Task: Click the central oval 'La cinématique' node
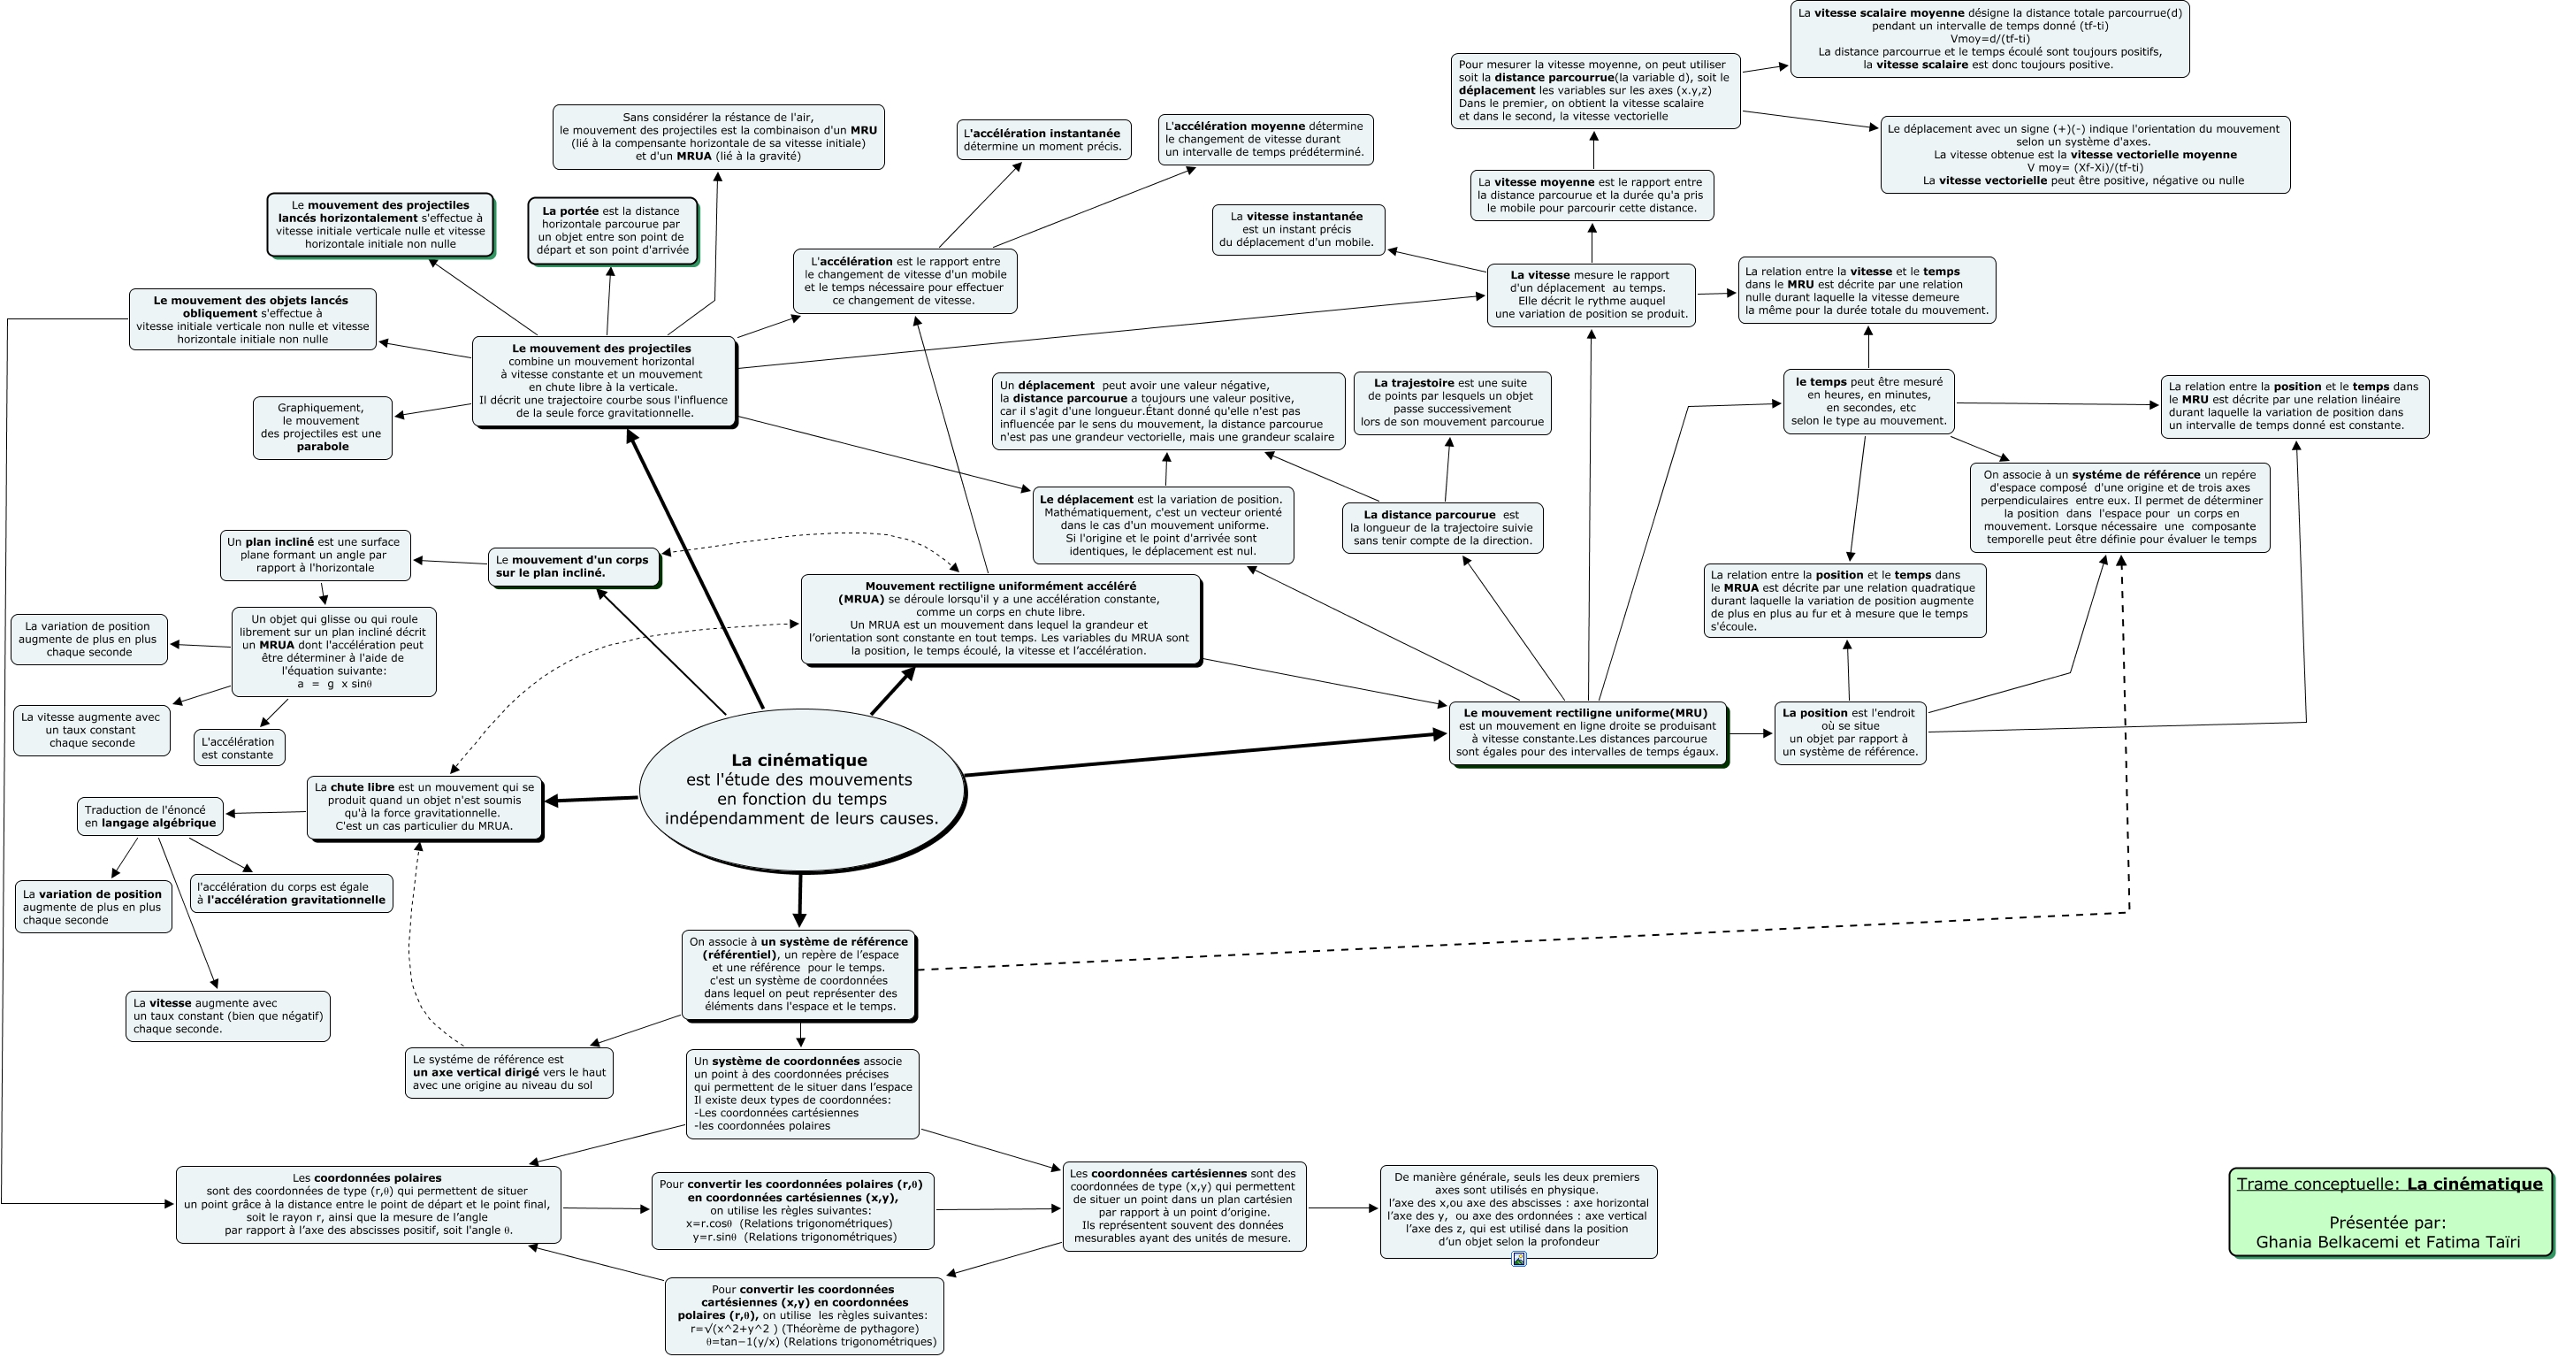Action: pos(801,789)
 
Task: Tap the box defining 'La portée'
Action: pos(612,231)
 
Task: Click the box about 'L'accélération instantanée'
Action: pos(1042,140)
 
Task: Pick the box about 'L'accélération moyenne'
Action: pos(1264,139)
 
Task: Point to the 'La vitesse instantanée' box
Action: pos(1297,229)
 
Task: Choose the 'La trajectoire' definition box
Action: pos(1452,402)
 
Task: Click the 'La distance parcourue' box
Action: pos(1442,527)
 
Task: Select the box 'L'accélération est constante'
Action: pos(239,748)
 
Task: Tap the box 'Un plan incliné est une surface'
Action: pos(314,556)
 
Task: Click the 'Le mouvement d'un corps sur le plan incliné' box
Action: pos(573,566)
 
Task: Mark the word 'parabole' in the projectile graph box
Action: pos(323,447)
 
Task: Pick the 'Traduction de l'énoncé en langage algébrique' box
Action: pos(150,816)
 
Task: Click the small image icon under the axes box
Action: pos(1518,1259)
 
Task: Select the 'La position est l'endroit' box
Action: pos(1849,732)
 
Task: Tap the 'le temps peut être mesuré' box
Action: pos(1867,402)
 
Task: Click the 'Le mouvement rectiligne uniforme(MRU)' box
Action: pos(1587,732)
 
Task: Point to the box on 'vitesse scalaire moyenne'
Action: pos(1989,39)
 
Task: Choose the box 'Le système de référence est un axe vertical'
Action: pos(508,1073)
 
